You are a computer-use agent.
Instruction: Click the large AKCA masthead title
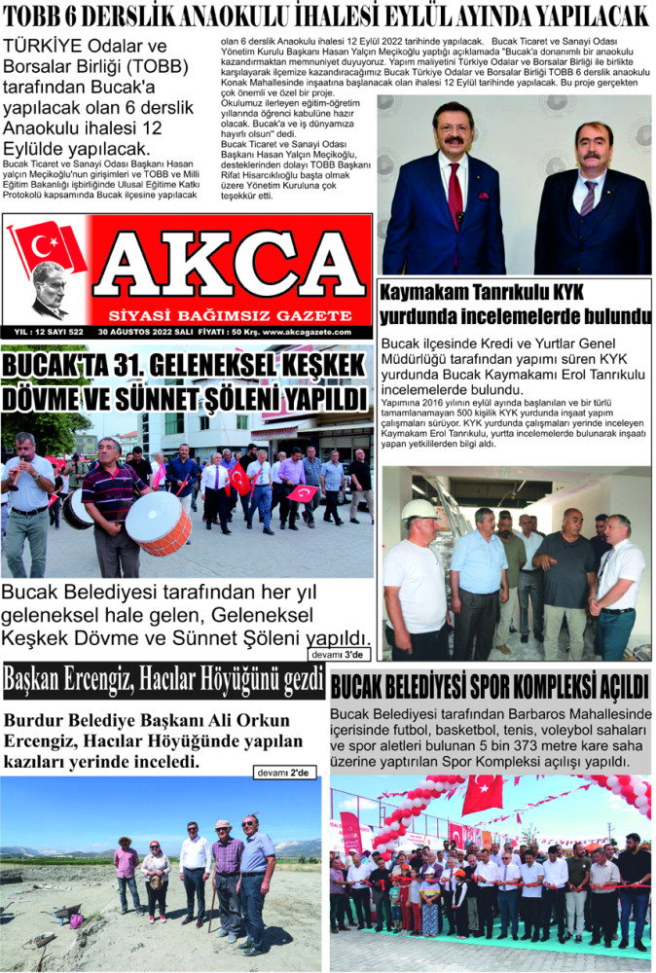point(232,266)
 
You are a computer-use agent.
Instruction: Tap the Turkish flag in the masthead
point(48,247)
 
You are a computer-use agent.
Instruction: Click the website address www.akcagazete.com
point(312,332)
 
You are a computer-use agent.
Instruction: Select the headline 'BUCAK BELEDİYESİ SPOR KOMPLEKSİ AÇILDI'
point(489,688)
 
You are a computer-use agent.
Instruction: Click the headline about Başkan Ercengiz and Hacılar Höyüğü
point(164,681)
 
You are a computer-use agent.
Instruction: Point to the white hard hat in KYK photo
point(419,509)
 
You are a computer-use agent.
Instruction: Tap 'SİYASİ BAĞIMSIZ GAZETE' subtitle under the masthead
point(231,315)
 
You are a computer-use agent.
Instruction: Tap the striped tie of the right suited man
point(588,198)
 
